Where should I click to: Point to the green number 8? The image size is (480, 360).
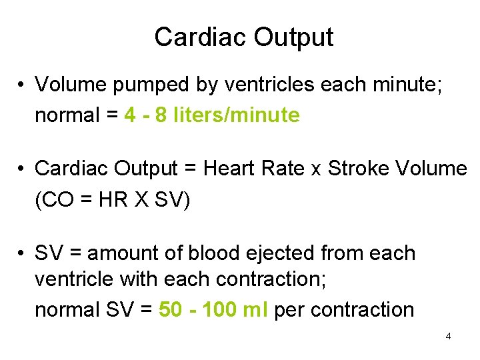161,115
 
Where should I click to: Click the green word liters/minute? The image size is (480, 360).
237,115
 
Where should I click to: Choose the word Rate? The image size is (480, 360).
284,169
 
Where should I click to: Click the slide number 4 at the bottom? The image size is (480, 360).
448,336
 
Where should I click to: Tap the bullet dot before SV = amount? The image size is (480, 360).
23,254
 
